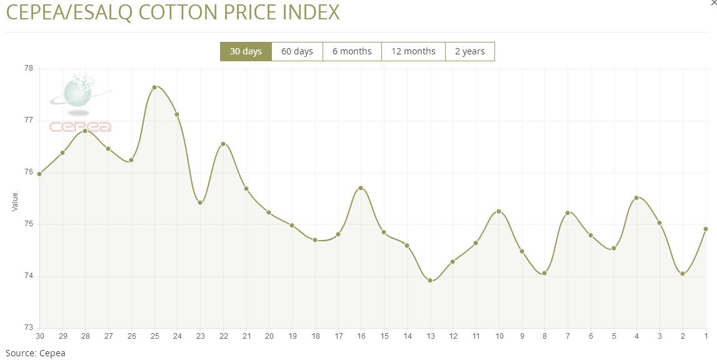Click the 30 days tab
coord(246,51)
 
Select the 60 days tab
coord(297,51)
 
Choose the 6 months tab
coord(352,51)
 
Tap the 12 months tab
coord(413,51)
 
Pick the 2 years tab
coord(469,51)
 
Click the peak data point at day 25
coord(154,87)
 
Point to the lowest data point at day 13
coord(430,281)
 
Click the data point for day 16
coord(361,188)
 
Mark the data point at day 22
coord(223,144)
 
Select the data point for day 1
coord(706,229)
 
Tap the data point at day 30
coord(39,174)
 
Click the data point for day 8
coord(544,273)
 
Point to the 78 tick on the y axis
coord(29,68)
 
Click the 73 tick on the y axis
coord(29,327)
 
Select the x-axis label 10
coord(499,336)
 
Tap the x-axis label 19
coord(292,336)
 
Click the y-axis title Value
coord(14,202)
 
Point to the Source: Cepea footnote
coord(35,353)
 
